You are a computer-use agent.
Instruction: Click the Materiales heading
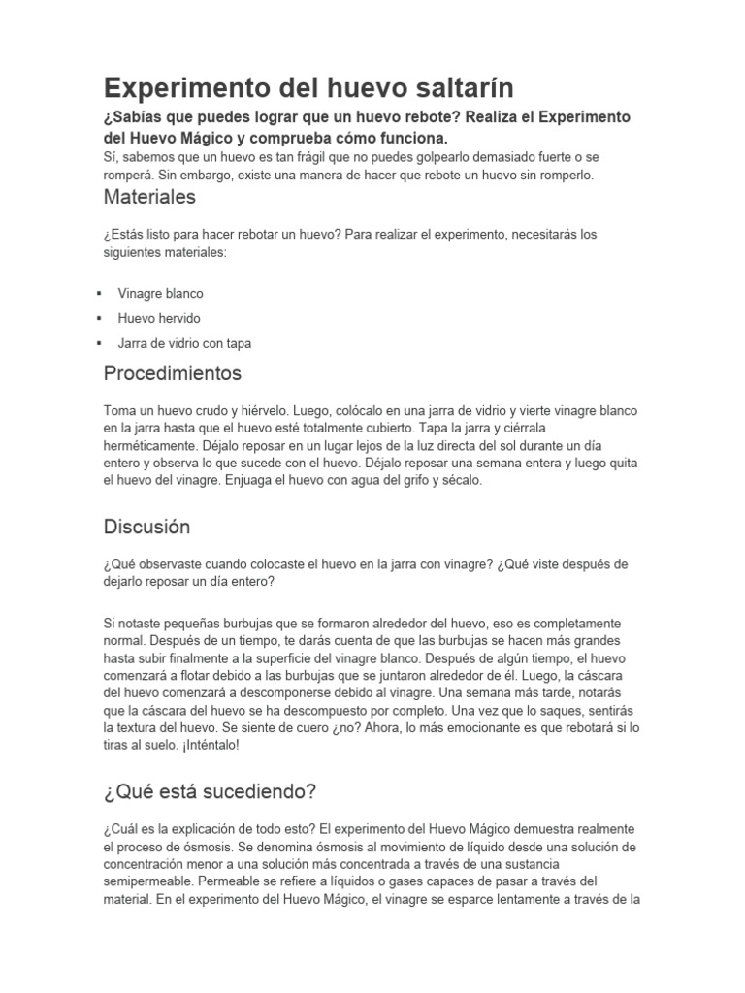point(149,197)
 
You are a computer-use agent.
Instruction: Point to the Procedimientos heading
point(173,372)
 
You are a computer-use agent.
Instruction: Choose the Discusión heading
point(146,528)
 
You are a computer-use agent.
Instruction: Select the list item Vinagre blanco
point(160,293)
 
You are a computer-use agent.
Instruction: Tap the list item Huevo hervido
point(159,318)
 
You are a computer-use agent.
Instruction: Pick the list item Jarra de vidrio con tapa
point(184,343)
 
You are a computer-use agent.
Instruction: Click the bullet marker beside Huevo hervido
point(100,318)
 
